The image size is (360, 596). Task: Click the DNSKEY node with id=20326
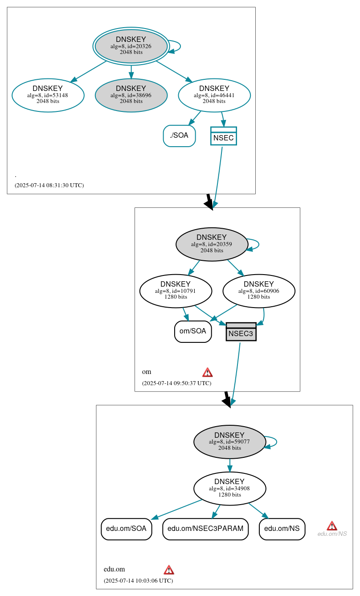coord(131,46)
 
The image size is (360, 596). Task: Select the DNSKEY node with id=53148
coord(48,95)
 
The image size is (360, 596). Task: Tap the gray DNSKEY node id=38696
coord(131,95)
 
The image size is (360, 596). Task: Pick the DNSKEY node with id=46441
coord(214,95)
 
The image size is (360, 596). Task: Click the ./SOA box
coord(179,136)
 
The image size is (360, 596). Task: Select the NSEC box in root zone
coord(223,136)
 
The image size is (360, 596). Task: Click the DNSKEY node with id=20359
coord(212,244)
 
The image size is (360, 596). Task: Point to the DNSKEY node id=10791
coord(176,291)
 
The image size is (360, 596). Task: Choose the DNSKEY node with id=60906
coord(259,291)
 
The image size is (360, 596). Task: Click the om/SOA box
coord(192,331)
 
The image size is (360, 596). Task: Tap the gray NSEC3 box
coord(241,332)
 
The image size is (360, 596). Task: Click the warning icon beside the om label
coord(207,372)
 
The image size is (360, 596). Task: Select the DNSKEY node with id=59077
coord(229,442)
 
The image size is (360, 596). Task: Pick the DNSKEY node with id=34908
coord(229,489)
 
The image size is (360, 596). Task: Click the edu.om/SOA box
coord(126,529)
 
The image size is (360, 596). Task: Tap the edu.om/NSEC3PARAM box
coord(205,529)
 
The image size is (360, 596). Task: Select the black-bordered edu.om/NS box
coord(282,529)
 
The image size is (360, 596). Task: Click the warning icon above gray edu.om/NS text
coord(331,526)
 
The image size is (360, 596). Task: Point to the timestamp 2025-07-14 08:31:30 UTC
coord(49,185)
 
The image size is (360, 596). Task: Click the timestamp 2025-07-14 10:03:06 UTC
coord(138,581)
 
